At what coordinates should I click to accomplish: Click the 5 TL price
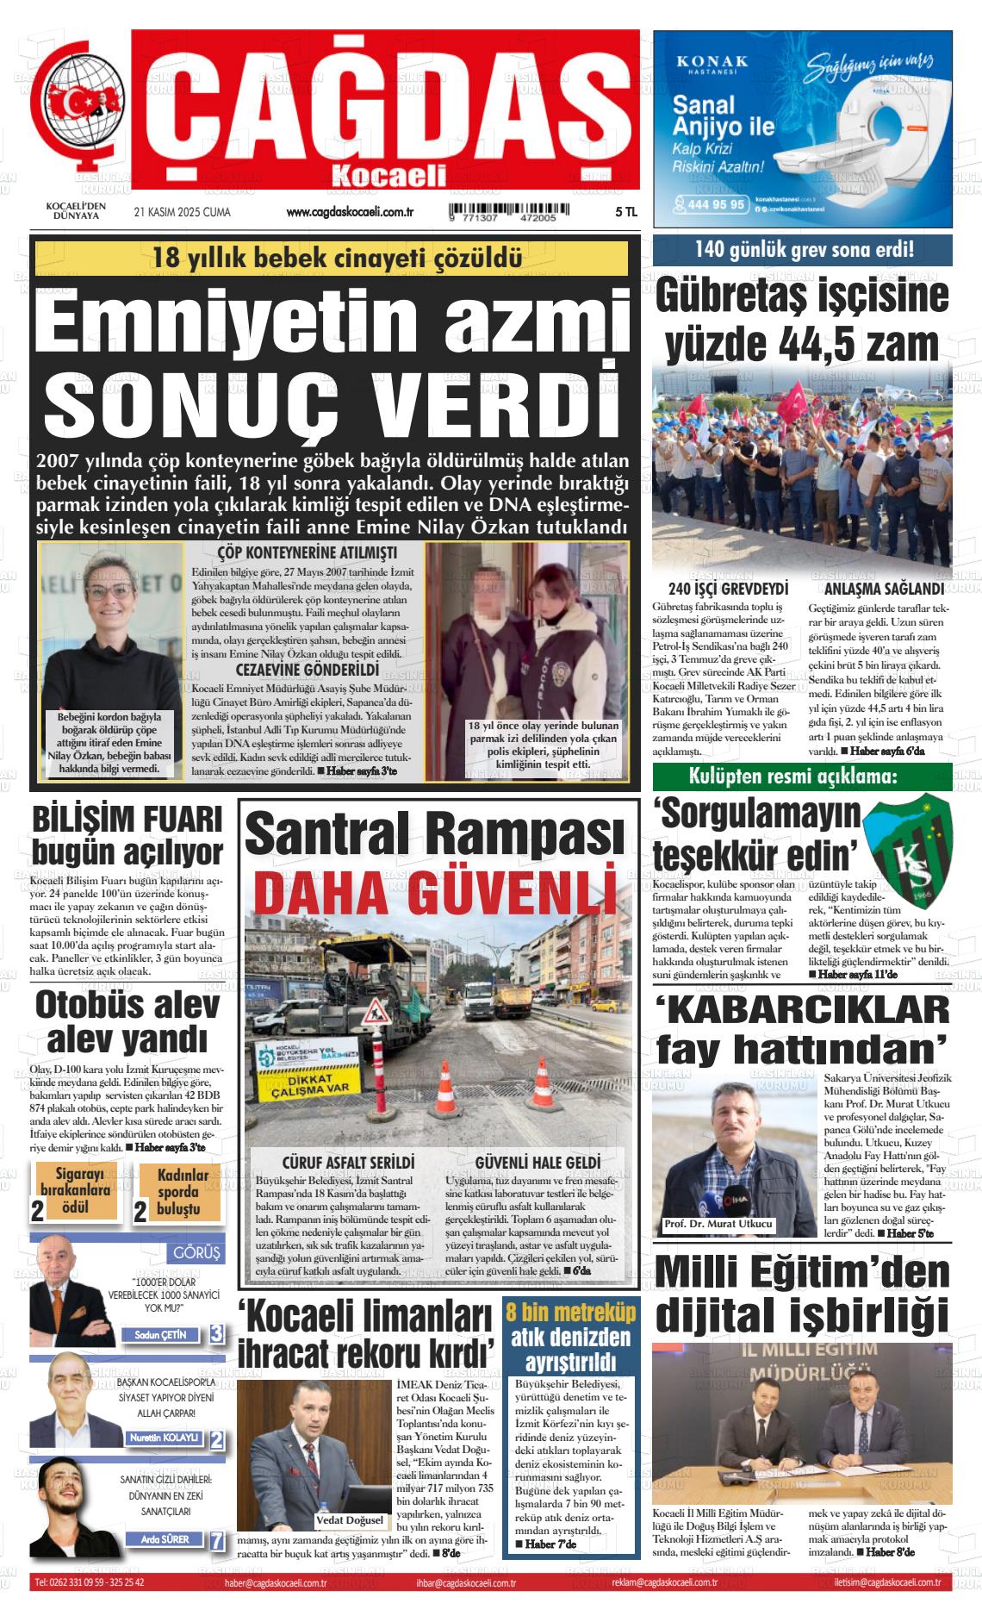click(x=625, y=212)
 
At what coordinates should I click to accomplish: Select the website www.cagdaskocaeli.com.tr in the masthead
click(x=351, y=212)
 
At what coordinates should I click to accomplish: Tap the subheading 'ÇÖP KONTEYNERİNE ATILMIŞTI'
click(x=307, y=552)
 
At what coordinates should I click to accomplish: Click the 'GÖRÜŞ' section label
click(x=196, y=1252)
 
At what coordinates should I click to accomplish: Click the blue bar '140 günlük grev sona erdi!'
click(x=803, y=251)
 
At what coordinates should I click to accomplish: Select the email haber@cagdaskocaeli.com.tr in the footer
click(x=274, y=1583)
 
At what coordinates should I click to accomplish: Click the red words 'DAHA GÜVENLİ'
click(x=437, y=893)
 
